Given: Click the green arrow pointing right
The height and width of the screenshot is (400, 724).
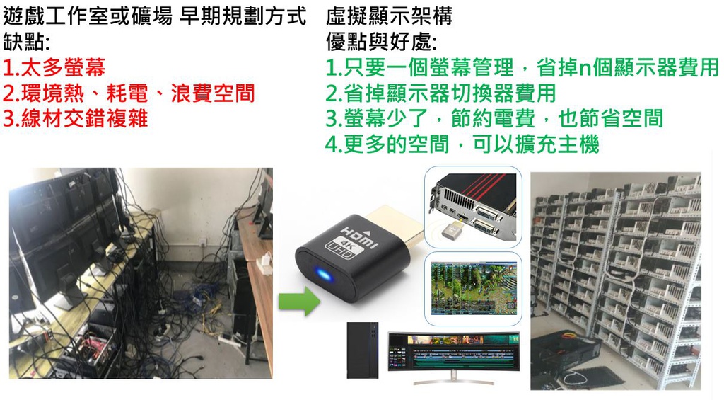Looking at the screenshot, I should [298, 302].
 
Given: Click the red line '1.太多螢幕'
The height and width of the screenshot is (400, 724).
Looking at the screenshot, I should [54, 68].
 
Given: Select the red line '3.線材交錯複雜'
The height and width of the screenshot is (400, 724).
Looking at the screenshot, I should [76, 118].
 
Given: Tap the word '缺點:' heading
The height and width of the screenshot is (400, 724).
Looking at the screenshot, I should [27, 42].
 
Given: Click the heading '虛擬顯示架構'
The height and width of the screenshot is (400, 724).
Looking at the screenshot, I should [390, 16].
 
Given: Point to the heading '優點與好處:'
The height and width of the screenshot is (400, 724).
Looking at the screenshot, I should [382, 42].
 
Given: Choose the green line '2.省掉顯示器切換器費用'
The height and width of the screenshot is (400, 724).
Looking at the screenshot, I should [440, 93].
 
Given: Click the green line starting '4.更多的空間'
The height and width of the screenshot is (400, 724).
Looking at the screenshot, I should [462, 144].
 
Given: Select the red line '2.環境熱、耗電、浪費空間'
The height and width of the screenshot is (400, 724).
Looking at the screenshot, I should [129, 93].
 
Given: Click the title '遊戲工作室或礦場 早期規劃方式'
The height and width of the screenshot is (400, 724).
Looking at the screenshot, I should [155, 16].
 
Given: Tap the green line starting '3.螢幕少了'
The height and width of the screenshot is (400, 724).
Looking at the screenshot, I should [494, 118].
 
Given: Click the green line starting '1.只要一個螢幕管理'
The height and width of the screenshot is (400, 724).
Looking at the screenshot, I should [522, 68].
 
